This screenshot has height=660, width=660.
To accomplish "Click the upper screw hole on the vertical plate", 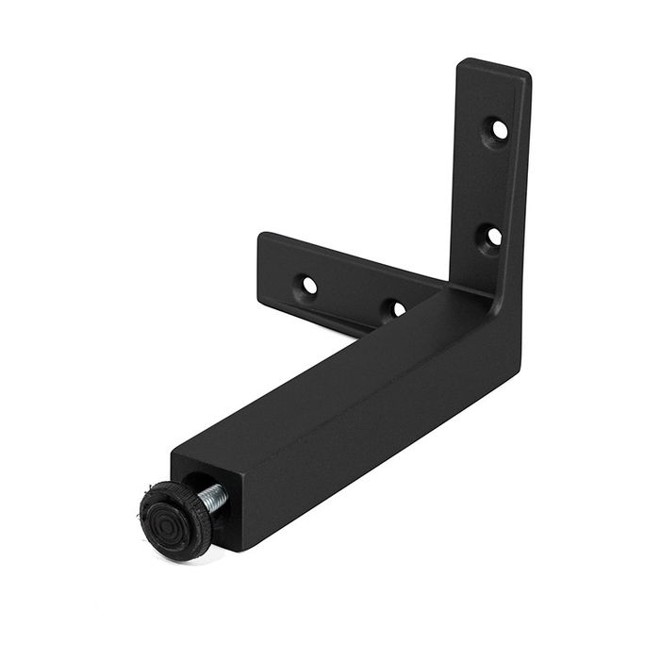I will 499,127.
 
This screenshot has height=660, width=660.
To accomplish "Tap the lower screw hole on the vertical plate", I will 492,236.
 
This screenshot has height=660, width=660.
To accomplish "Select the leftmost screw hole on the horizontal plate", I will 308,283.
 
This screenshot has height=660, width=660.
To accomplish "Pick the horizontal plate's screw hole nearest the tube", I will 398,308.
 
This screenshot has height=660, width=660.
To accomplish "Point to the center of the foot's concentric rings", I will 169,518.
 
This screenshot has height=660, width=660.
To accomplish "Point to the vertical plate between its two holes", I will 495,181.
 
